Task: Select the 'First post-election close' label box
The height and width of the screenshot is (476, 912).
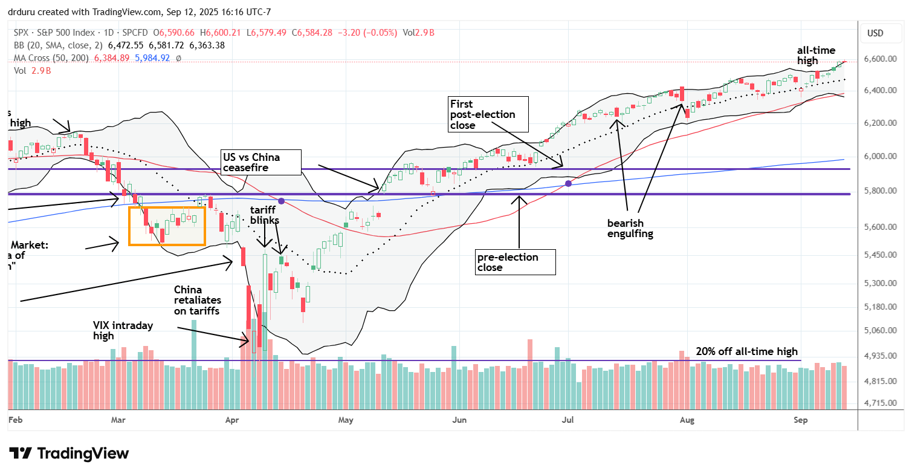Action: (x=488, y=114)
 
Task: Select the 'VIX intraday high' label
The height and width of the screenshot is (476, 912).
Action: (x=123, y=330)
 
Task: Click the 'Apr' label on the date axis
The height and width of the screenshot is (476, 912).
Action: (x=231, y=419)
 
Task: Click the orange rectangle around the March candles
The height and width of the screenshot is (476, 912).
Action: (x=167, y=226)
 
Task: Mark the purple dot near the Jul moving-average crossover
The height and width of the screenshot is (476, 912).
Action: (x=568, y=183)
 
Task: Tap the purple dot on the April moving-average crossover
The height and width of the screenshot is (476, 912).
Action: (x=281, y=200)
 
